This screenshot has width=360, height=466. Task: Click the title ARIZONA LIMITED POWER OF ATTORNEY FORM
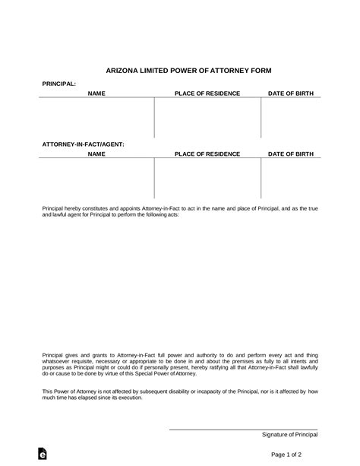(179, 68)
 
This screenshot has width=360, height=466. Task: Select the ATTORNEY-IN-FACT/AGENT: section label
(83, 143)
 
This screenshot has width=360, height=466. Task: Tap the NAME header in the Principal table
(96, 94)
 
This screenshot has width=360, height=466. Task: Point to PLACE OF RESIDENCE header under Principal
(207, 94)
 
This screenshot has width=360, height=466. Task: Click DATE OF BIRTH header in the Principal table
(290, 94)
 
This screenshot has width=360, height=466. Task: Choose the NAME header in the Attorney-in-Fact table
(96, 154)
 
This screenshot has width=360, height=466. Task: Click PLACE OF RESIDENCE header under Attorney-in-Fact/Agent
(207, 154)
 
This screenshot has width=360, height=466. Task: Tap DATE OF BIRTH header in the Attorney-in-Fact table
(290, 154)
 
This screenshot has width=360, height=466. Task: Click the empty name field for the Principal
(96, 118)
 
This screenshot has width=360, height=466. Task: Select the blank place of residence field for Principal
(207, 118)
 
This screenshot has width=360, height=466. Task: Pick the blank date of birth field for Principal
(290, 118)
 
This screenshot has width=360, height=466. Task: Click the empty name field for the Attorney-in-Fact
(96, 179)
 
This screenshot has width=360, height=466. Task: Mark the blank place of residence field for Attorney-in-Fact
(207, 179)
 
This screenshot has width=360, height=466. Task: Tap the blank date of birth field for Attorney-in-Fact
(290, 179)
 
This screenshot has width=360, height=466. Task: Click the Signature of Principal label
(289, 434)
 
